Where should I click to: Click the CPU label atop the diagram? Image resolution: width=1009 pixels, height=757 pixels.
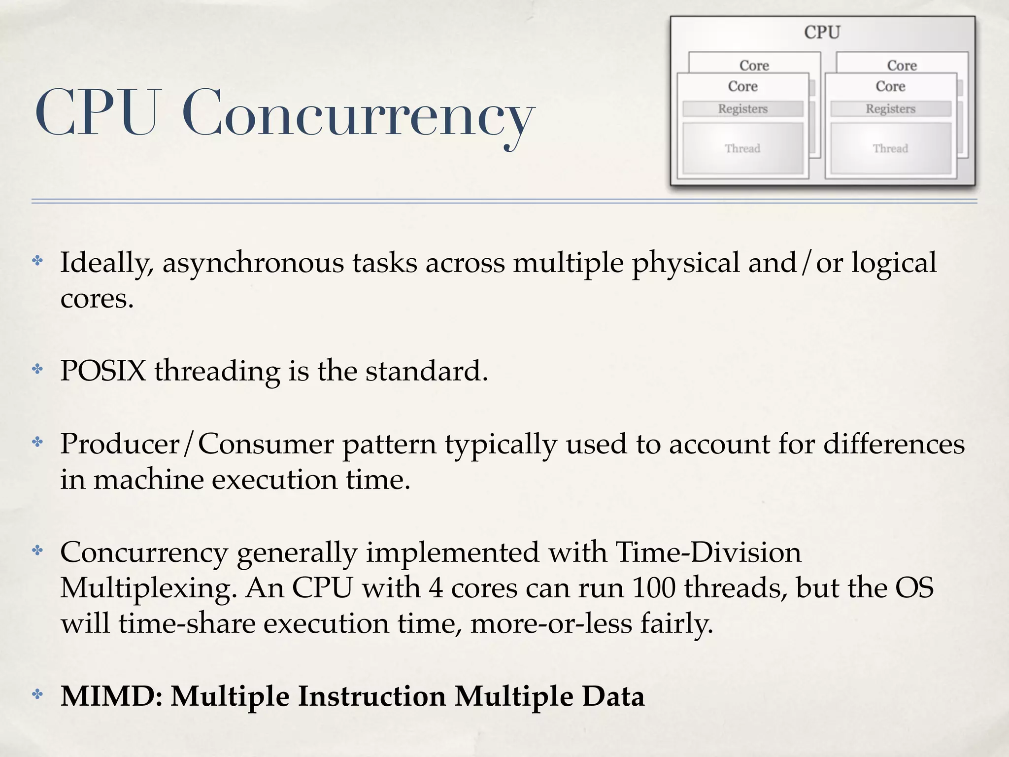pos(822,33)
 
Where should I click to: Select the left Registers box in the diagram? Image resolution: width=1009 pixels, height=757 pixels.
pos(742,109)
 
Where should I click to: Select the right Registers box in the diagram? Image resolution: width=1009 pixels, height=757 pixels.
pos(890,109)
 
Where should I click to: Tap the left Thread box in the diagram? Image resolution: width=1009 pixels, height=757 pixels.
pos(742,148)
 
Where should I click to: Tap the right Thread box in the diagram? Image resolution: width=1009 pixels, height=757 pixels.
pos(890,148)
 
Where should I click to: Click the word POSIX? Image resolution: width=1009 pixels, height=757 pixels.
pos(103,371)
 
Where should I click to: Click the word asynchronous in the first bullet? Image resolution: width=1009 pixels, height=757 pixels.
pos(253,263)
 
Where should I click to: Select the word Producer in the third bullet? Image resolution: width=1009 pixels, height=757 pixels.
pos(120,444)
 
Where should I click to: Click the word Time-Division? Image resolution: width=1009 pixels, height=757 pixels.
pos(708,552)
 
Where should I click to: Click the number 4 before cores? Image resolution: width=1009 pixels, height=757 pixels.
pos(436,588)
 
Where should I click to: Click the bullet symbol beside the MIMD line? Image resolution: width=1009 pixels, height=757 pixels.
pos(38,694)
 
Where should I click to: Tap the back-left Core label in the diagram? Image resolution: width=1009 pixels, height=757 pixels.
pos(754,66)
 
